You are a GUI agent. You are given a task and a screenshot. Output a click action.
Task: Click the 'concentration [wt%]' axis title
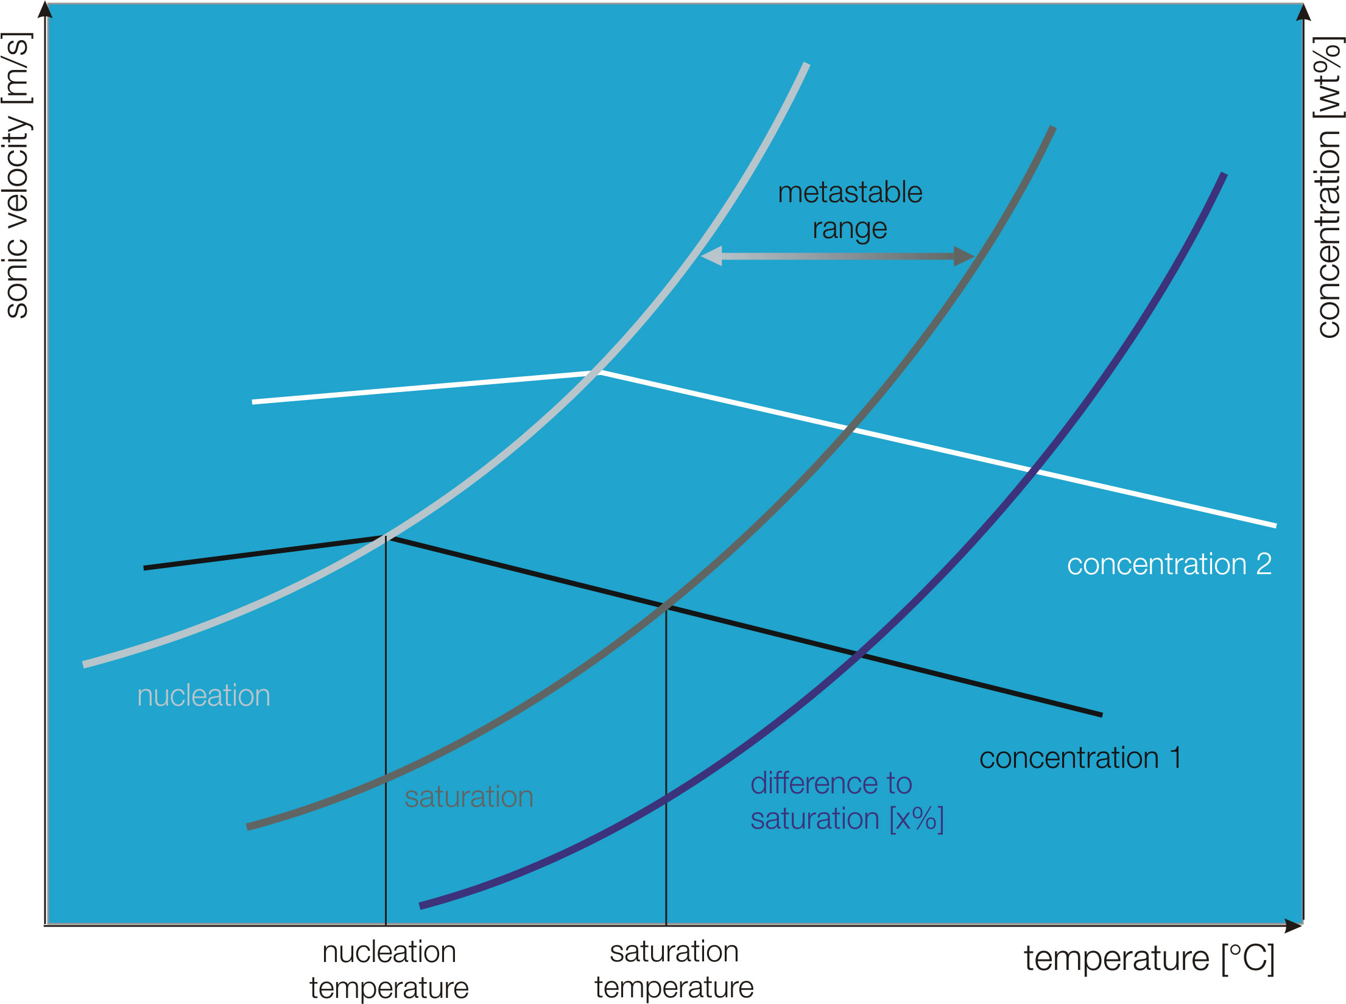coord(1329,188)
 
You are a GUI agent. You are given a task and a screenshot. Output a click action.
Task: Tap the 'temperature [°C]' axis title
coord(1149,958)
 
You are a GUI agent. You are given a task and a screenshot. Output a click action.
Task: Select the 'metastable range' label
coord(850,211)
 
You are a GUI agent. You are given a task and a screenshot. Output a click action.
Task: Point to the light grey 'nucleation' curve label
coord(203,695)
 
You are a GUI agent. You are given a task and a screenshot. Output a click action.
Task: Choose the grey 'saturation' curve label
coord(468,797)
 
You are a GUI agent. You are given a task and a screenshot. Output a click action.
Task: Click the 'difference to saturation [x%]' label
coord(847,801)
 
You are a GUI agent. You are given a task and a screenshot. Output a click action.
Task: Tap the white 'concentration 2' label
coord(1169,564)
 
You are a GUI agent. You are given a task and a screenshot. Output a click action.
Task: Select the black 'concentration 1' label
coord(1080,758)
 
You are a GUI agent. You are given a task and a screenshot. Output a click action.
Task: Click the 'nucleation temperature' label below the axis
coord(389,969)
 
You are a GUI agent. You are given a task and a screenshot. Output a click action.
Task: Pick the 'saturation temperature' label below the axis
coord(674,969)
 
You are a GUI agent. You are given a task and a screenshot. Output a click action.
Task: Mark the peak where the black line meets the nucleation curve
coord(386,536)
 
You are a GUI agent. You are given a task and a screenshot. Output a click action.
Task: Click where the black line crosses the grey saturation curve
coord(666,607)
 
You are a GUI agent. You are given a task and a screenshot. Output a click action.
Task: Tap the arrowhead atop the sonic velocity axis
coord(46,10)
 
